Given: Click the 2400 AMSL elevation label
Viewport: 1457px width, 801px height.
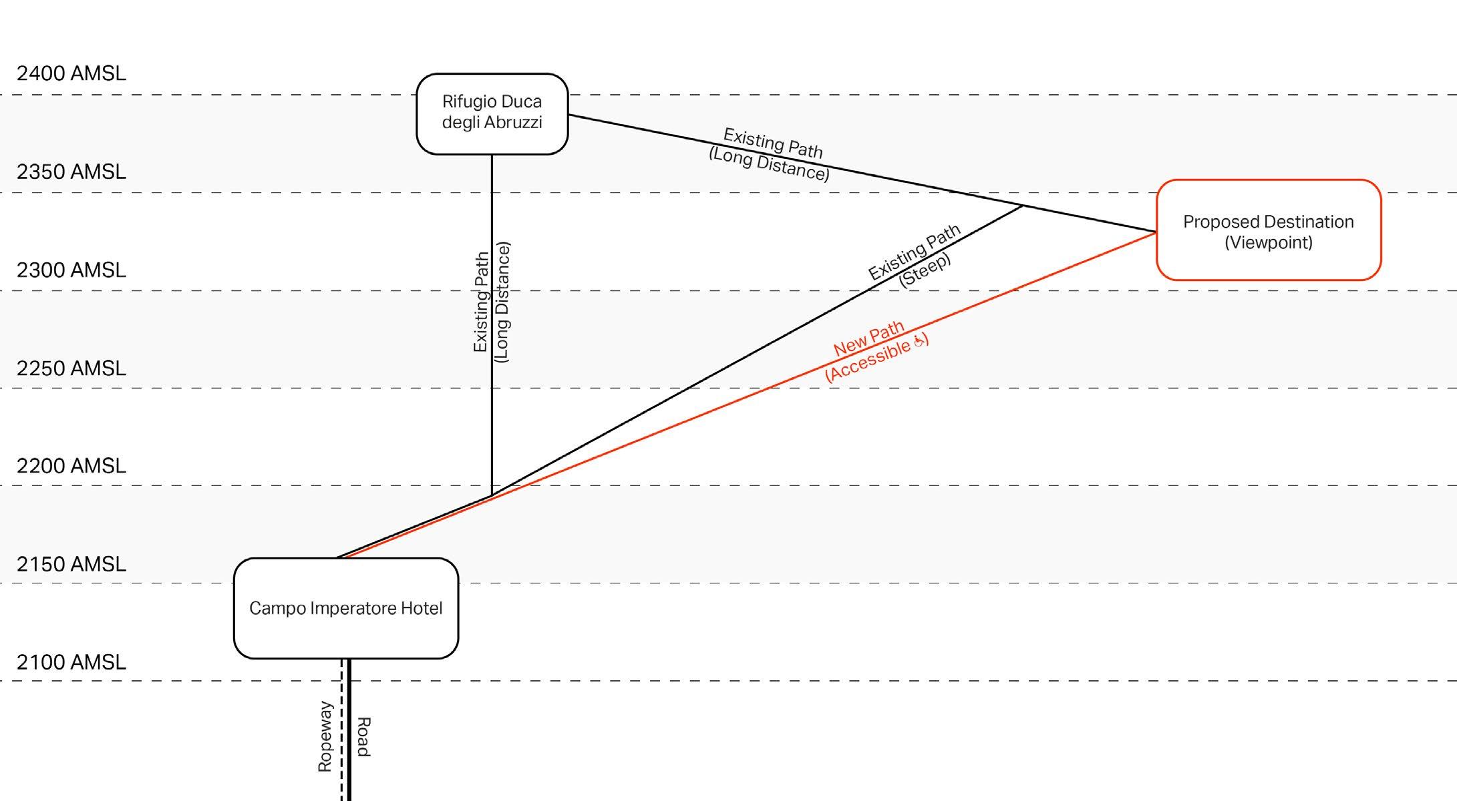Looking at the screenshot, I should pyautogui.click(x=71, y=73).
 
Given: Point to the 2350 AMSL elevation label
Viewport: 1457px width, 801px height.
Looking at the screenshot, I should pyautogui.click(x=71, y=172).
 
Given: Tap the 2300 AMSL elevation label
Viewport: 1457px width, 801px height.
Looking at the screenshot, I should pyautogui.click(x=71, y=270).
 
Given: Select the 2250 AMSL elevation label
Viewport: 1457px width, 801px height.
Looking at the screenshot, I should pyautogui.click(x=71, y=368).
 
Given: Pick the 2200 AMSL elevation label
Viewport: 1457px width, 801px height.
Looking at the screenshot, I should pyautogui.click(x=71, y=465).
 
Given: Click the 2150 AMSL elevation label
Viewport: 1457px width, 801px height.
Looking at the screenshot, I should pyautogui.click(x=71, y=564).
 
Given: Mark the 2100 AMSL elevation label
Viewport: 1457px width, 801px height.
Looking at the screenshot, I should pyautogui.click(x=71, y=662).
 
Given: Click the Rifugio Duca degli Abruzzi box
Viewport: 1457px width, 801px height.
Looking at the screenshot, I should pyautogui.click(x=492, y=113).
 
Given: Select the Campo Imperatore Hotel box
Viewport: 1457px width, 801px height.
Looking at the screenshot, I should pyautogui.click(x=345, y=608).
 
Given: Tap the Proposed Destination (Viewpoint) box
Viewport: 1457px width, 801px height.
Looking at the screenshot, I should pyautogui.click(x=1268, y=230).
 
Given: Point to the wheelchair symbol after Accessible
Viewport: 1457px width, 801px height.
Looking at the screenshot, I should pyautogui.click(x=919, y=341).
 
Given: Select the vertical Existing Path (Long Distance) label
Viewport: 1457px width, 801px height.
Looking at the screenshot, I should pyautogui.click(x=492, y=302).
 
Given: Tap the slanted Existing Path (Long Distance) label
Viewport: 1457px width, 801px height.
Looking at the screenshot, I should pyautogui.click(x=770, y=154).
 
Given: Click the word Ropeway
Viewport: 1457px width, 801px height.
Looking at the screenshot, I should pyautogui.click(x=325, y=736).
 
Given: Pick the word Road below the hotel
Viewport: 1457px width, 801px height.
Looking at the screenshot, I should pyautogui.click(x=363, y=736).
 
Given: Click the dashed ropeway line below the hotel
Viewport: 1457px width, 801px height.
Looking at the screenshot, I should pyautogui.click(x=341, y=734).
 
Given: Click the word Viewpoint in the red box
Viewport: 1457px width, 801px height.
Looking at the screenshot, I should pyautogui.click(x=1268, y=242).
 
